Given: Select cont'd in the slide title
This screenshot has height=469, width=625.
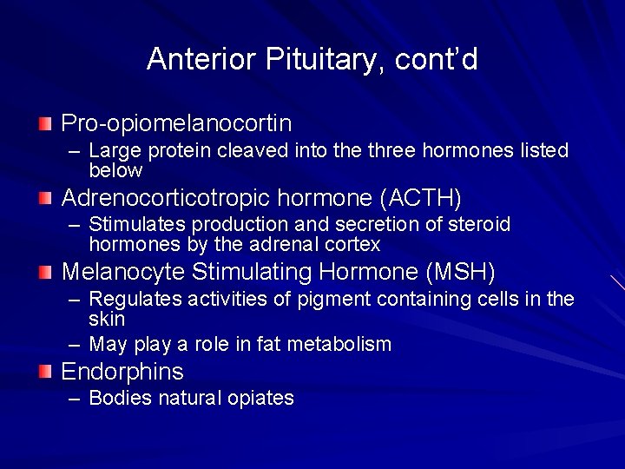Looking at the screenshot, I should point(436,59).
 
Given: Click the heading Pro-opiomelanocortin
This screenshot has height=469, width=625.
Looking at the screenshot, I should point(176,123).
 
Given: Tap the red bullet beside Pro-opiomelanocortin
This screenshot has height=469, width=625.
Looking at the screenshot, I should point(45,123).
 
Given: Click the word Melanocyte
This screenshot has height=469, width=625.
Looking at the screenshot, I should point(123,273).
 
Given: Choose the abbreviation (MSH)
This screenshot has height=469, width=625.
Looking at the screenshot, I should point(461,273).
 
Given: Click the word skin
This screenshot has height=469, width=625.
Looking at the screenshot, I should point(107,319).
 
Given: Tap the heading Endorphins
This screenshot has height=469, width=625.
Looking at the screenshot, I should point(122,373).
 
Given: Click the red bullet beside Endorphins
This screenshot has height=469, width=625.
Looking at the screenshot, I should point(45,373).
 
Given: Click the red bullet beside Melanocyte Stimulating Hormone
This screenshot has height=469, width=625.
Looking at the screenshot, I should point(45,273).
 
